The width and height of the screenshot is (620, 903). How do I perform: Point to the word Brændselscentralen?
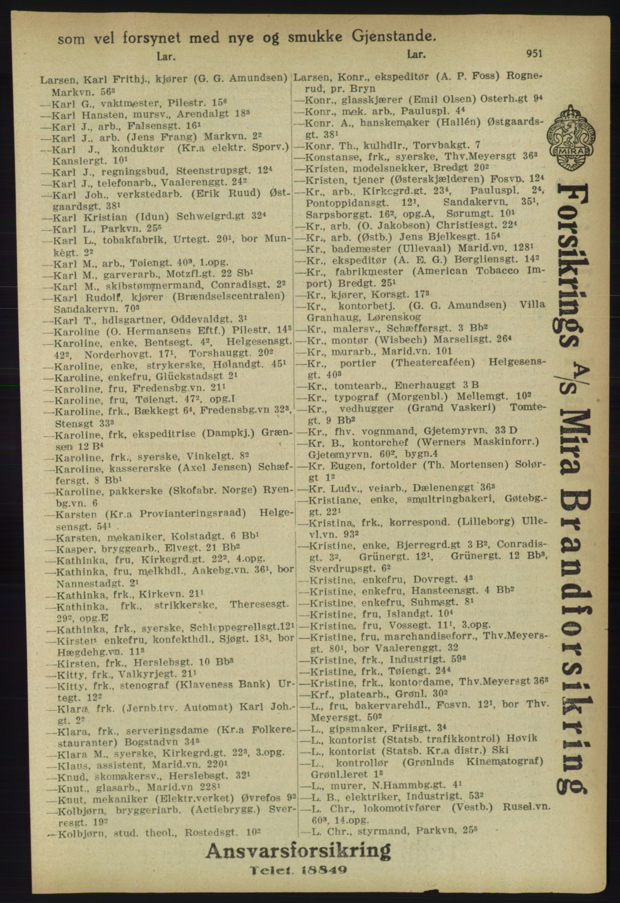pos(233,295)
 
